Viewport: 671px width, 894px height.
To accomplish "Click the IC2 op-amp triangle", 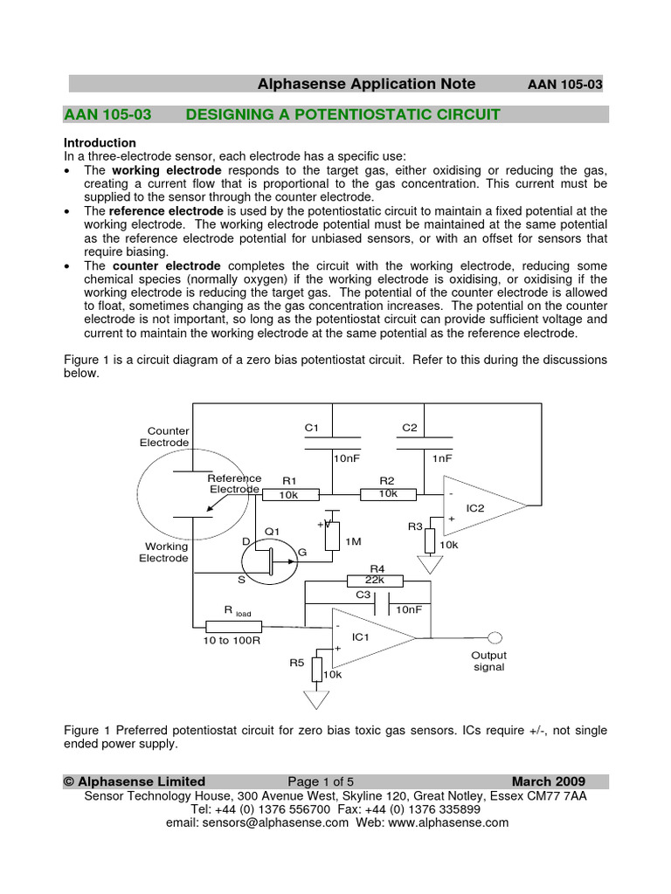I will click(x=481, y=505).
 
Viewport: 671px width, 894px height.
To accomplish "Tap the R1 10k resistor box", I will click(x=288, y=494).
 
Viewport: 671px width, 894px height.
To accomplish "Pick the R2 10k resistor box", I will click(x=387, y=494).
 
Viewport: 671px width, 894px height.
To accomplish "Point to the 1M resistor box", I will click(x=332, y=536).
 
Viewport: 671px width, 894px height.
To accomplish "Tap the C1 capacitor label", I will click(x=312, y=427).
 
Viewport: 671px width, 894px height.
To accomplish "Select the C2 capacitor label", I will click(x=410, y=427).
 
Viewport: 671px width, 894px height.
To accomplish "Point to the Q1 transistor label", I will click(x=272, y=531).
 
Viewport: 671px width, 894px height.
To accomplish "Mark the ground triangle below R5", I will click(x=315, y=699).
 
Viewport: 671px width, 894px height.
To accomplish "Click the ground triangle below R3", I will click(x=429, y=565).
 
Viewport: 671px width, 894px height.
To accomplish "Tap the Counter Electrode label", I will click(x=168, y=437).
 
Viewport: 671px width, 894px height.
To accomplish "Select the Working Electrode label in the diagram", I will click(x=163, y=553).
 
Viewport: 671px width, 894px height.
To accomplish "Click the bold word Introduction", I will click(x=100, y=142).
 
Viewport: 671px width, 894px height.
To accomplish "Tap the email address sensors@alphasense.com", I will click(x=257, y=822).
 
